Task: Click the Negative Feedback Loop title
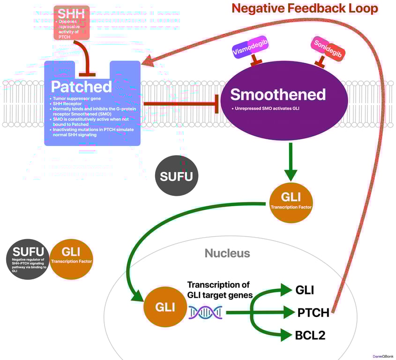coord(305,8)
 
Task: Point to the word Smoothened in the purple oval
coord(278,95)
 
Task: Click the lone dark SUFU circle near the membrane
coord(176,176)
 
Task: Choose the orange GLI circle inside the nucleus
coord(165,307)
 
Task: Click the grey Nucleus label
coord(227,254)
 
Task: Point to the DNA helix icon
coord(205,312)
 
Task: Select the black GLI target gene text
coord(304,290)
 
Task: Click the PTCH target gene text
coord(313,312)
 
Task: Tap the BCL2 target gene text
coord(310,335)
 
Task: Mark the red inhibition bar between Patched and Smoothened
coord(217,103)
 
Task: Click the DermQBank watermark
coord(383,356)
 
